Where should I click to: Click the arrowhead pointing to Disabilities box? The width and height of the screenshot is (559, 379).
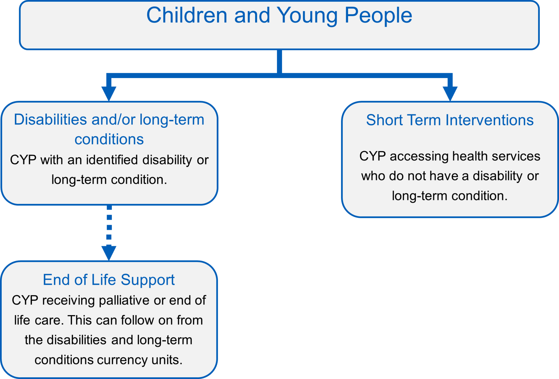(x=109, y=94)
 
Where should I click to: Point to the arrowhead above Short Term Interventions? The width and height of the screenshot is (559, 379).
(x=450, y=94)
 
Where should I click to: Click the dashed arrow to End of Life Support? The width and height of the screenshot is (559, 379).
(x=109, y=233)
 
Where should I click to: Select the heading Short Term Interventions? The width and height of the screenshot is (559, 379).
(x=450, y=120)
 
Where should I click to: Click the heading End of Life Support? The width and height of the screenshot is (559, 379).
(x=109, y=280)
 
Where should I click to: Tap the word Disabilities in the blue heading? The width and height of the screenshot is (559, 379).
(x=50, y=120)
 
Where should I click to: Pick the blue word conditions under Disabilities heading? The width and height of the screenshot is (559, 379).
(x=109, y=139)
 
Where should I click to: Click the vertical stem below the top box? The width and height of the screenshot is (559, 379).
(x=279, y=61)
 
